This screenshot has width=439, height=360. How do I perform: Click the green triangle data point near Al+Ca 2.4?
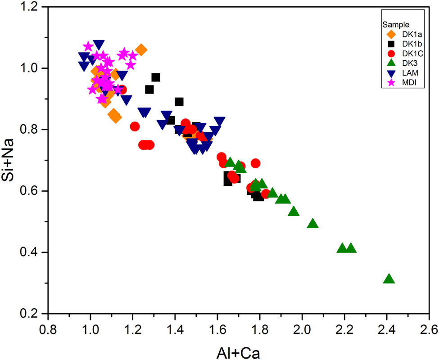(x=389, y=279)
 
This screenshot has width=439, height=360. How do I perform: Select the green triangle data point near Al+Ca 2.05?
(x=313, y=224)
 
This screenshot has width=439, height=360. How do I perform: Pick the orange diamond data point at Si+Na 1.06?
(x=141, y=50)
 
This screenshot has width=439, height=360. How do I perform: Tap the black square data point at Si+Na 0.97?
(x=156, y=77)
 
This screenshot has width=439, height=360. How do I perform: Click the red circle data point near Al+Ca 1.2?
(x=135, y=126)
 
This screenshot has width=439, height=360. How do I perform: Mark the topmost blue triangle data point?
(x=99, y=45)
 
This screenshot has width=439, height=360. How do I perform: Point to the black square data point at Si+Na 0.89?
(x=179, y=102)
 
